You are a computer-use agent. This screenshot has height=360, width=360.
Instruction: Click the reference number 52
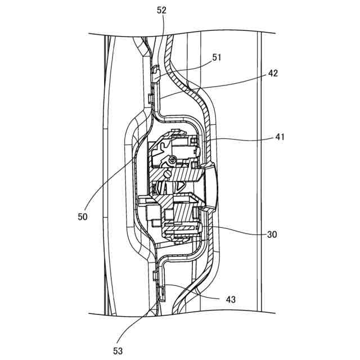point(162,11)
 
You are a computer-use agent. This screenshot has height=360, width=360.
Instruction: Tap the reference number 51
point(217,57)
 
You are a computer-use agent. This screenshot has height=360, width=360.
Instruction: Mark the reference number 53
point(119,351)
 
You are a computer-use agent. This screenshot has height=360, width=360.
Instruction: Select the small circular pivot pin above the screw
point(172,161)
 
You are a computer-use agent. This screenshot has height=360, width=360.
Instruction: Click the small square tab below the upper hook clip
point(151,99)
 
